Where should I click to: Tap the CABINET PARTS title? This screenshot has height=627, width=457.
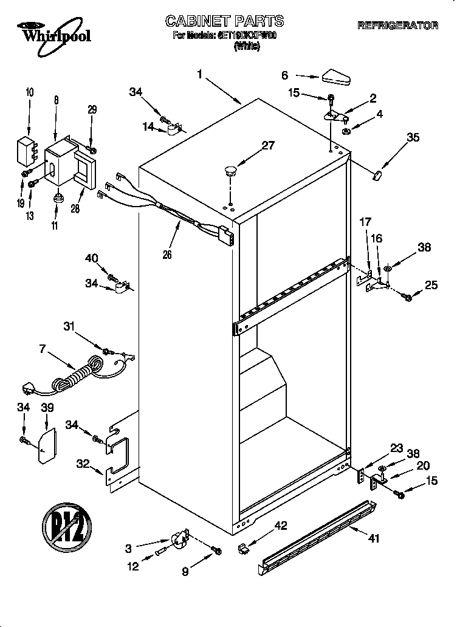click(224, 21)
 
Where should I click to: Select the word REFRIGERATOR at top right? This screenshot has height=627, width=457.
click(397, 26)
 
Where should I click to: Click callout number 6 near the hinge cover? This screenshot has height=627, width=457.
click(284, 75)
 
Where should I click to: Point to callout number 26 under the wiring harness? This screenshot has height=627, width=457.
click(167, 255)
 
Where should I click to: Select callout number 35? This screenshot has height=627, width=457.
click(413, 137)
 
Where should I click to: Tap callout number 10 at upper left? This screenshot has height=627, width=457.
click(30, 92)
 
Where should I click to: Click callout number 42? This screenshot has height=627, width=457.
click(281, 525)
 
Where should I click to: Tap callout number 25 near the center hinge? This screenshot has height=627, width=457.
click(431, 284)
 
